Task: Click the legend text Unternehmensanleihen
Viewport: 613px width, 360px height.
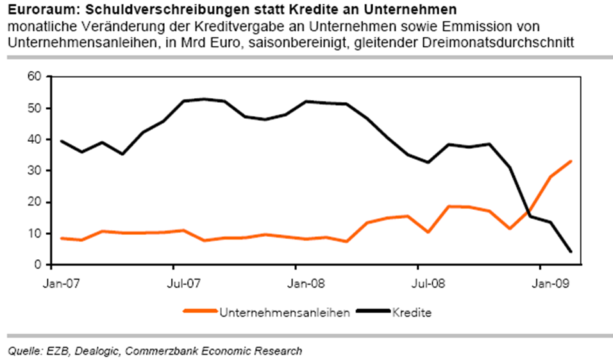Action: tap(285, 313)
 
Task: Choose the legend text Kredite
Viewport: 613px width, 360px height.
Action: tap(412, 313)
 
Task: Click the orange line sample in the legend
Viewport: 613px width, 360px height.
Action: tap(201, 313)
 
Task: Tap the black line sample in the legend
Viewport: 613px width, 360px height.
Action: tap(373, 313)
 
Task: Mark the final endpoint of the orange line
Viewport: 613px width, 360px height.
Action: tap(571, 162)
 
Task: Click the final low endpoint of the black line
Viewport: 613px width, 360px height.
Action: tap(571, 252)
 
